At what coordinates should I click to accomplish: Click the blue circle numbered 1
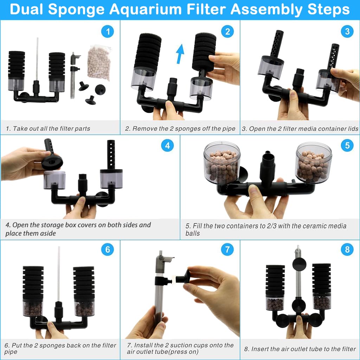(x=108, y=31)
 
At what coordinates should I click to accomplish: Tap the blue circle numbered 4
(x=167, y=146)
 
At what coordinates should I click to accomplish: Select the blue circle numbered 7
(x=227, y=250)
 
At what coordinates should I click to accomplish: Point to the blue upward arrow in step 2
(x=180, y=54)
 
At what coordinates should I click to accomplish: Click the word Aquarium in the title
(x=146, y=9)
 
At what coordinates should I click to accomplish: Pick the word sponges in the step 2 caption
(x=186, y=129)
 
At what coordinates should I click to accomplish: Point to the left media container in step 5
(x=222, y=163)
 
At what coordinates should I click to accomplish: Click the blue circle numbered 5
(x=347, y=146)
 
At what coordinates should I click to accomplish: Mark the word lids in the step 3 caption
(x=353, y=129)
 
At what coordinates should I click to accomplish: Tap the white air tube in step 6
(x=59, y=274)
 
